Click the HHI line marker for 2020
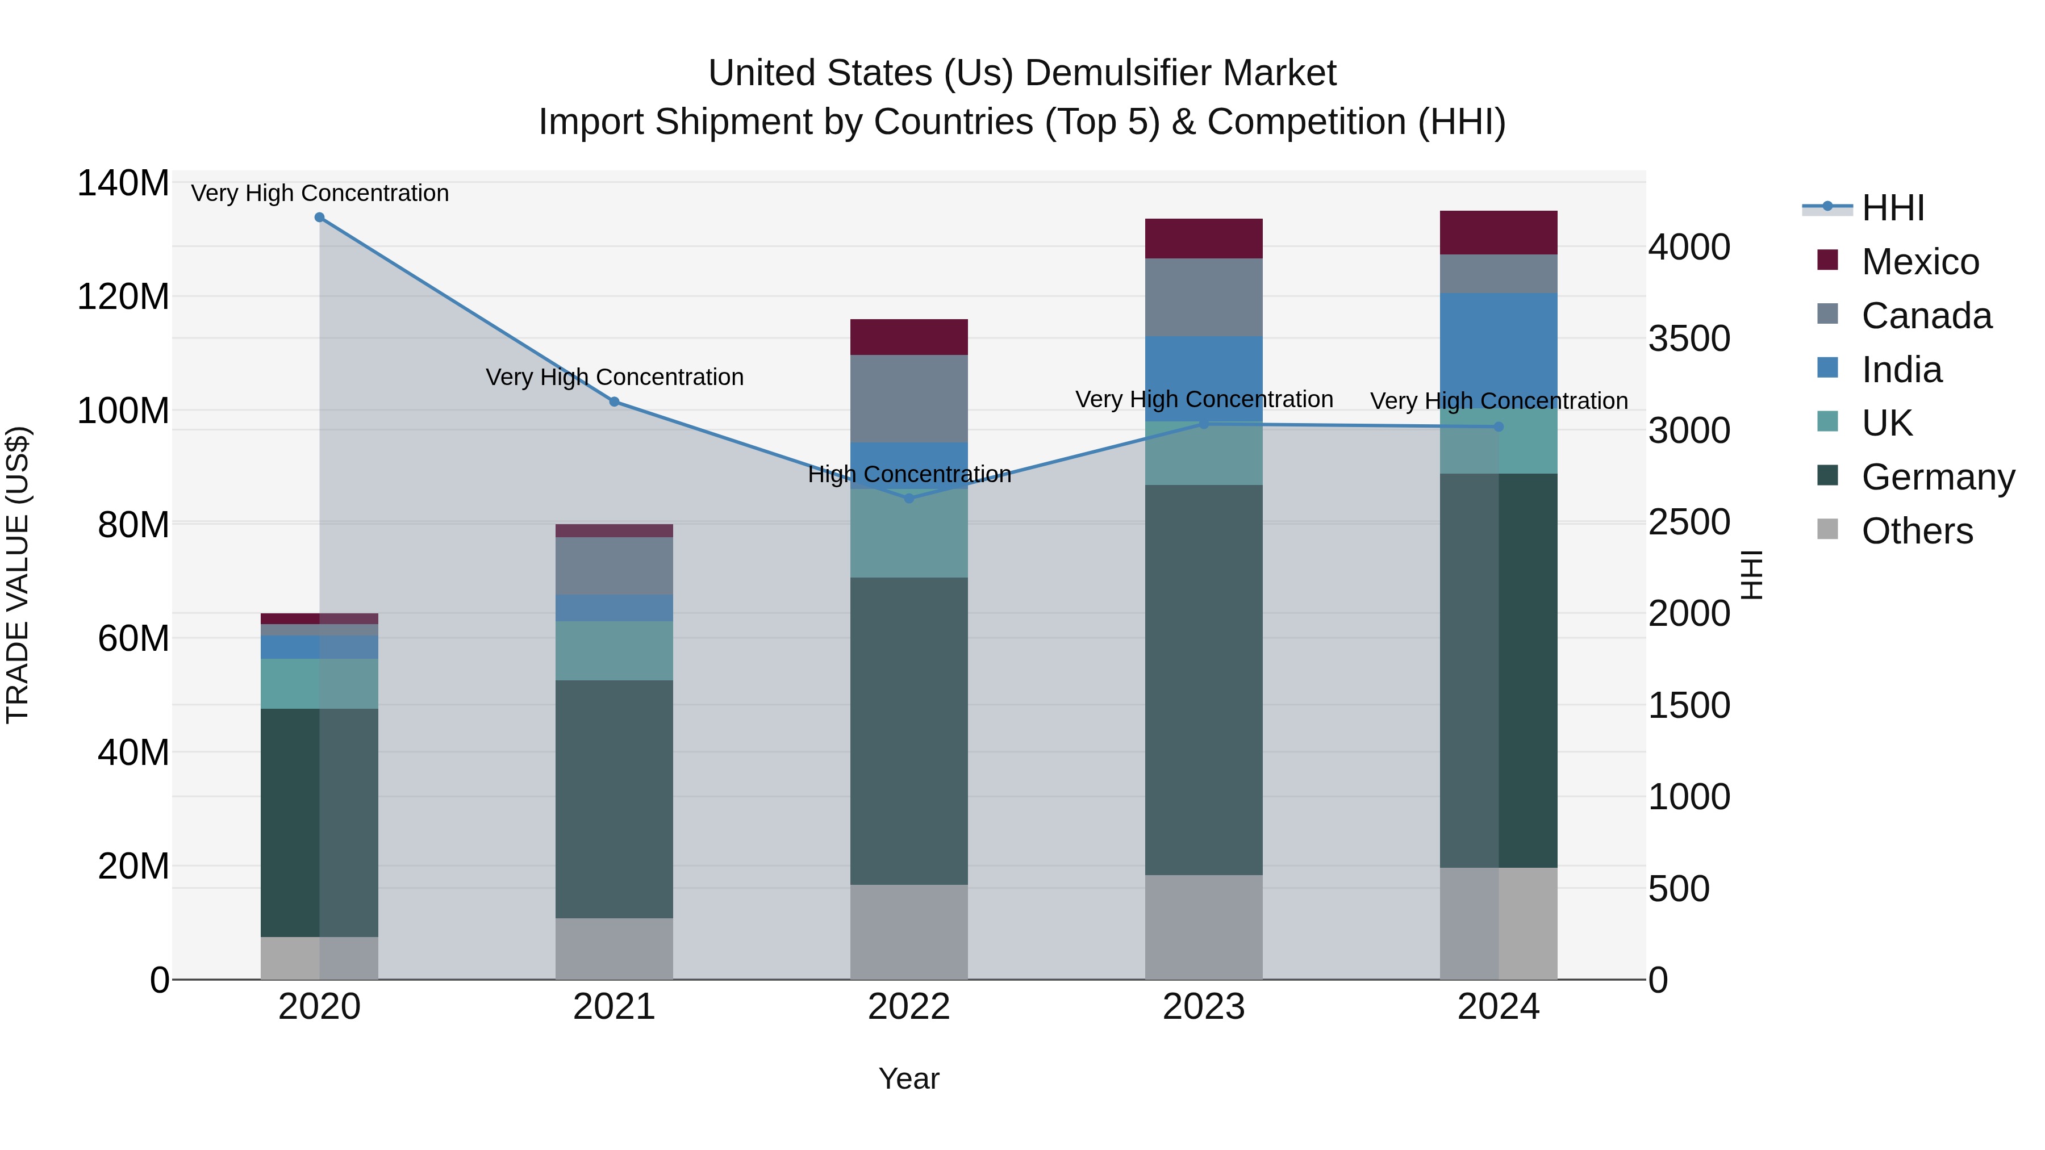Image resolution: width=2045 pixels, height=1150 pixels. [319, 217]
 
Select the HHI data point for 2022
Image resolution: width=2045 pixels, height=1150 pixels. [909, 499]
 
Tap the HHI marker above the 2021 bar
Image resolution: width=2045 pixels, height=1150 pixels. [613, 402]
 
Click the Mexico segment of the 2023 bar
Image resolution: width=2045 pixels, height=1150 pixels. [1204, 238]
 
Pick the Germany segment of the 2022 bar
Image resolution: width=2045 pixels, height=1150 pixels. [909, 730]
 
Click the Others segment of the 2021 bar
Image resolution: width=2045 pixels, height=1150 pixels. [613, 948]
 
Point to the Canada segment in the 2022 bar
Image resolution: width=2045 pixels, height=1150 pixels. [909, 399]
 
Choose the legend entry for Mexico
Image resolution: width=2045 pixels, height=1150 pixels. [1919, 262]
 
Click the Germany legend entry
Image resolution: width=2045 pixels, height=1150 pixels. [1937, 477]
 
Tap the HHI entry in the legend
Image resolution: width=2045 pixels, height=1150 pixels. [1893, 208]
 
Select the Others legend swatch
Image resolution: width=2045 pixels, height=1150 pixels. [1827, 529]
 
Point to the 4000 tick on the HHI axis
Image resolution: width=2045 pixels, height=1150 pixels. [1689, 248]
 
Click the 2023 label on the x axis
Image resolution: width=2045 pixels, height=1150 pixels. [1204, 1007]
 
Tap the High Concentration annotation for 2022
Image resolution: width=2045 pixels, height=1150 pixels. [909, 475]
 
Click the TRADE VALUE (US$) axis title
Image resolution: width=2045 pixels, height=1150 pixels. [18, 575]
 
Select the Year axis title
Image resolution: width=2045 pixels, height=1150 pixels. [909, 1078]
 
